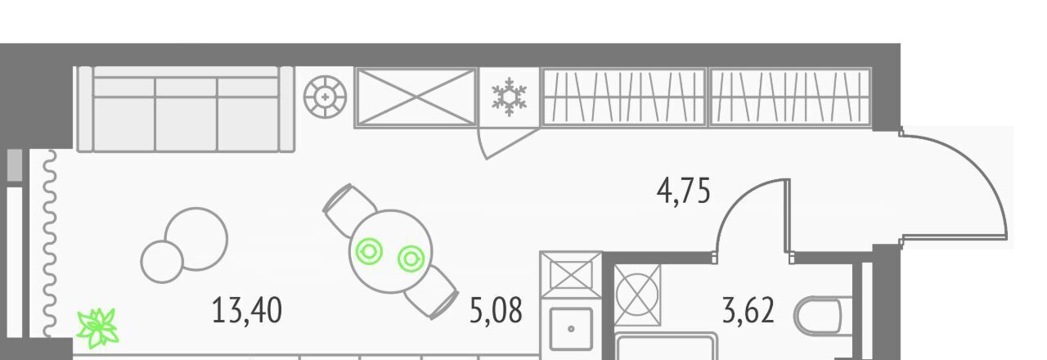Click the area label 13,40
click(x=247, y=311)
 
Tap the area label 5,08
click(x=496, y=311)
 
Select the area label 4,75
click(x=683, y=191)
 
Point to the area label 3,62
click(x=748, y=311)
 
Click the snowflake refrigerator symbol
click(x=509, y=97)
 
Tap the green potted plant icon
click(x=97, y=328)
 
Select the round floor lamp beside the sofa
click(x=325, y=97)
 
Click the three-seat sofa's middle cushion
click(x=186, y=114)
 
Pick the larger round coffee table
click(x=196, y=239)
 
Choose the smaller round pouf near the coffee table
click(x=162, y=261)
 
